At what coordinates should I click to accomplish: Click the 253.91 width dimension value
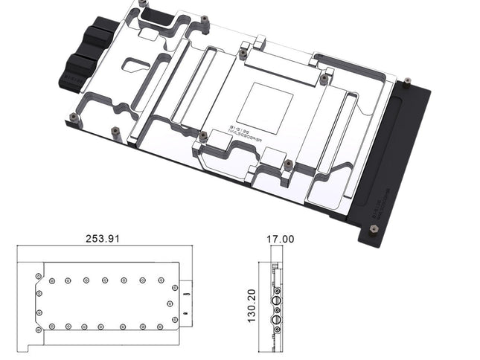pyautogui.click(x=103, y=240)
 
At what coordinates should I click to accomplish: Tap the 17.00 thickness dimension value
pyautogui.click(x=280, y=240)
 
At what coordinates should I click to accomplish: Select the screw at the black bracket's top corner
pyautogui.click(x=406, y=85)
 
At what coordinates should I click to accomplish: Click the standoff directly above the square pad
pyautogui.click(x=243, y=54)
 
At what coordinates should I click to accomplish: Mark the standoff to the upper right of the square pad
pyautogui.click(x=324, y=77)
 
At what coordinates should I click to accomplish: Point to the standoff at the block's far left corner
pyautogui.click(x=74, y=117)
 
